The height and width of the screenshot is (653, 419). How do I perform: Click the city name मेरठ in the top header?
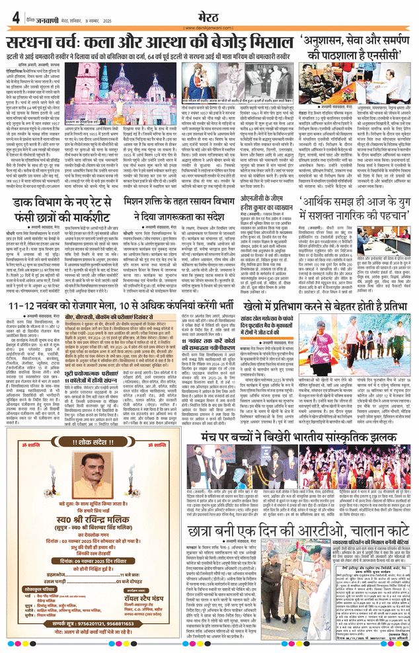click(x=208, y=14)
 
